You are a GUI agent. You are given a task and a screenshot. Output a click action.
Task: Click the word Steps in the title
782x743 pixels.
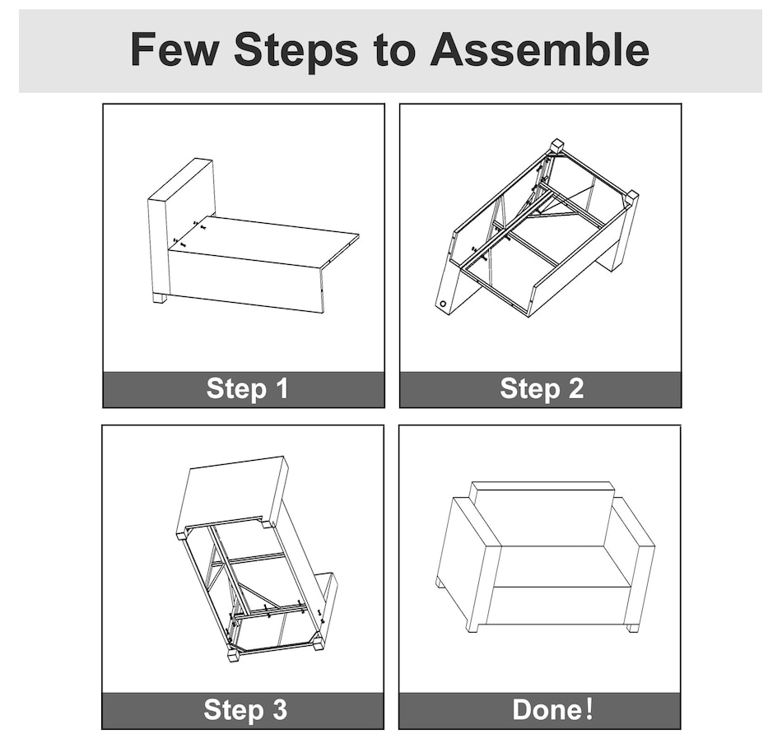click(x=296, y=51)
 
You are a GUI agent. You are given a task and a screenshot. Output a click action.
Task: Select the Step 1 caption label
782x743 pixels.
click(x=248, y=388)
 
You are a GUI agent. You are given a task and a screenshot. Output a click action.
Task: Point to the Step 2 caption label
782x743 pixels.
click(x=542, y=388)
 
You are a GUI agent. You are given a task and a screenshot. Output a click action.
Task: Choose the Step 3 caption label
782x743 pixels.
click(x=245, y=709)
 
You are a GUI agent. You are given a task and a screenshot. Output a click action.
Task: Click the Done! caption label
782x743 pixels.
click(x=552, y=709)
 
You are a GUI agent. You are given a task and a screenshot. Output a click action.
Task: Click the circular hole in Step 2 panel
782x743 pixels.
click(x=443, y=304)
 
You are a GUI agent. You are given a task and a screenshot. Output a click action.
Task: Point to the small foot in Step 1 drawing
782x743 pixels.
click(x=160, y=298)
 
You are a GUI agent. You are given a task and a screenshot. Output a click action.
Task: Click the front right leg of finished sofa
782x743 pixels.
click(x=632, y=627)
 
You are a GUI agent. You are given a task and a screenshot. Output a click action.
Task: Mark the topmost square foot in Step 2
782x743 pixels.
click(x=556, y=146)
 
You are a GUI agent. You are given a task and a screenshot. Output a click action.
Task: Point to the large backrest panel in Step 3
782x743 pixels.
click(x=234, y=495)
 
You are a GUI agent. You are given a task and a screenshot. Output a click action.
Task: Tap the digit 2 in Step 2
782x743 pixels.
click(x=575, y=388)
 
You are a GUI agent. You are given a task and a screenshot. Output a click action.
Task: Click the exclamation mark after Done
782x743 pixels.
click(x=590, y=709)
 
